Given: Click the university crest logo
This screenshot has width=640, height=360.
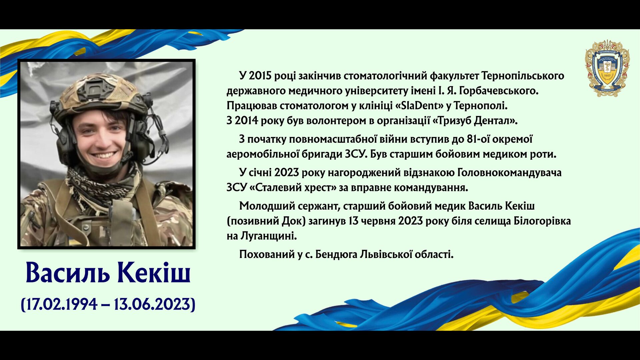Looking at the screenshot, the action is coord(607,68).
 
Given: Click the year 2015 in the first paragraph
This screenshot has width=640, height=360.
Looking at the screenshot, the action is coord(260,76).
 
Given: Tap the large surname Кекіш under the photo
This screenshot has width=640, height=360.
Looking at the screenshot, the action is coord(154,272).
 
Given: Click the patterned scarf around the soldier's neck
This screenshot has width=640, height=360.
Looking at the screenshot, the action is coord(102,187).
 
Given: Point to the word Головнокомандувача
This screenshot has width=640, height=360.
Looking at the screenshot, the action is coord(509,173).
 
